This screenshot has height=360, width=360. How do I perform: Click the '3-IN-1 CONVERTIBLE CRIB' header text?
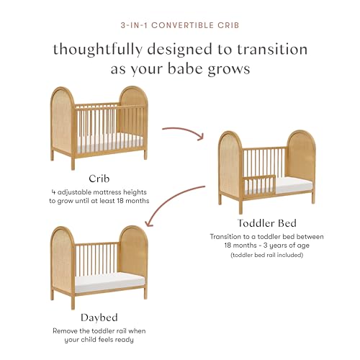[x=180, y=24]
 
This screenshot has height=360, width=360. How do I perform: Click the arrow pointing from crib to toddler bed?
[x=186, y=132]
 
